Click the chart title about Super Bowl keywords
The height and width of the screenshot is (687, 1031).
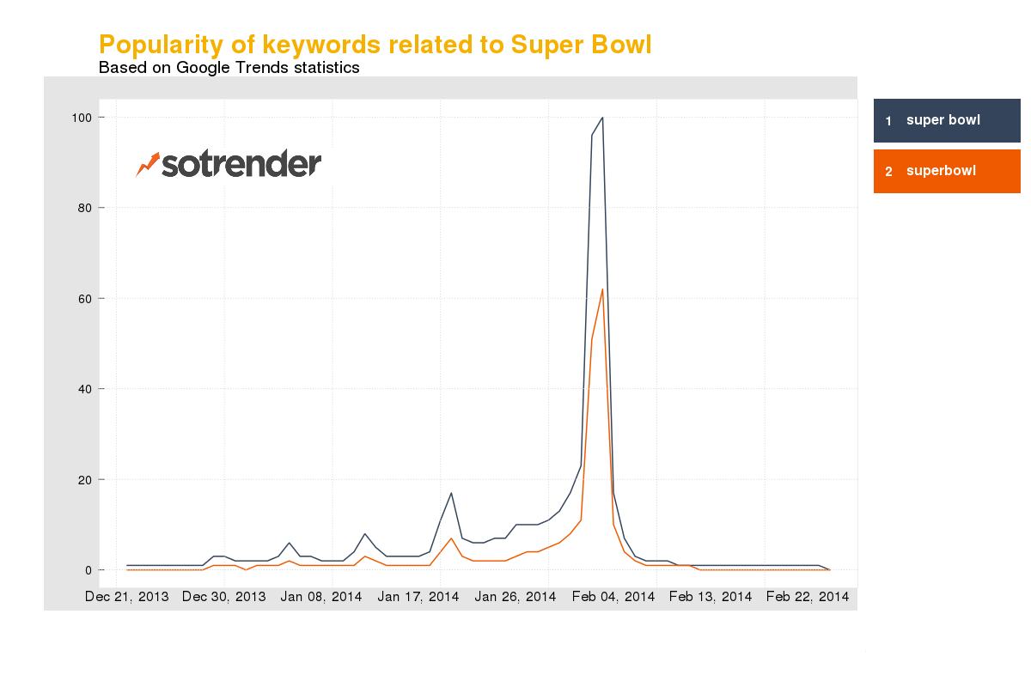click(x=375, y=45)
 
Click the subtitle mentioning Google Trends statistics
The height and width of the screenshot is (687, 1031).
click(x=229, y=67)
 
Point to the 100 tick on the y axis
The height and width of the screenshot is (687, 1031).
click(x=88, y=117)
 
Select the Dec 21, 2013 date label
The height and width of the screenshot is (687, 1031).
click(x=127, y=597)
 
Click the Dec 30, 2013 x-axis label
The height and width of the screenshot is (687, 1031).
click(x=224, y=597)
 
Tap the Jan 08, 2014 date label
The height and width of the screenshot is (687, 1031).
click(x=321, y=597)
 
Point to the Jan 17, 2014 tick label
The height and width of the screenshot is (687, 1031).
click(x=418, y=597)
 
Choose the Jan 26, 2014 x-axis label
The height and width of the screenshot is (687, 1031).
click(x=515, y=597)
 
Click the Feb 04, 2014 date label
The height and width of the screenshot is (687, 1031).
click(x=613, y=597)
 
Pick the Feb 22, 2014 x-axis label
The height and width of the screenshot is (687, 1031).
click(x=807, y=597)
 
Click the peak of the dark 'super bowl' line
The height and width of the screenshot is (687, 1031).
click(x=602, y=118)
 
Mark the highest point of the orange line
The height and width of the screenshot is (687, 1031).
click(x=602, y=289)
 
